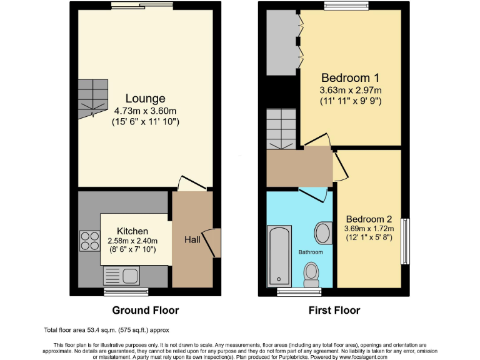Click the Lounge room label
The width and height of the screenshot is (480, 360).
coord(145,99)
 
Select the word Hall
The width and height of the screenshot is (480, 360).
coord(192,239)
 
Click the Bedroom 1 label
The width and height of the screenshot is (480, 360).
coord(350,78)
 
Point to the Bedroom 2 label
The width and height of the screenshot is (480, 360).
coord(369,219)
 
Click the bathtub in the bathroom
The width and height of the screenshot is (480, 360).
coord(279,256)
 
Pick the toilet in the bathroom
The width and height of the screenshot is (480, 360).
coord(311,271)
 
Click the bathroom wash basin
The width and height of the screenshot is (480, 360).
coord(323,232)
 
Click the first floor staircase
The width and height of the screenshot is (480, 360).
coord(280,127)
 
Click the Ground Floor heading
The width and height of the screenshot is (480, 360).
coord(145,310)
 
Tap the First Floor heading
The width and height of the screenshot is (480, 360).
coord(334,310)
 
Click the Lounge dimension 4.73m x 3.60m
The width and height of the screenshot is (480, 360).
coord(146,111)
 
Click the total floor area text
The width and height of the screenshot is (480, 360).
coord(106,329)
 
